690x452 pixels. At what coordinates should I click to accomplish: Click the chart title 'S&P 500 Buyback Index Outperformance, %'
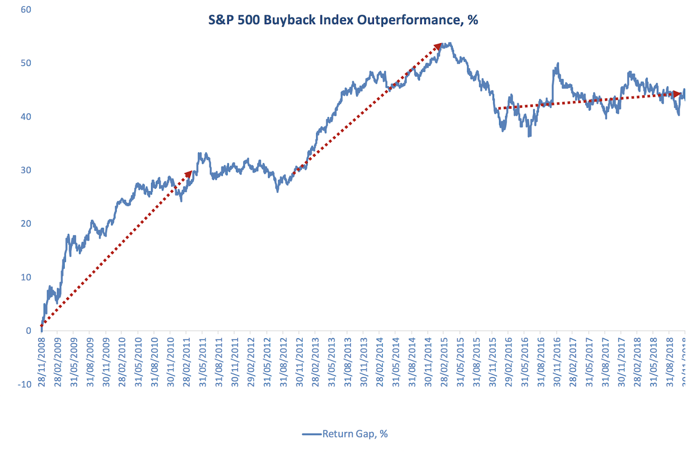click(x=343, y=20)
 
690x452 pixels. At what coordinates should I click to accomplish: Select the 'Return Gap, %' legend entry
click(x=354, y=434)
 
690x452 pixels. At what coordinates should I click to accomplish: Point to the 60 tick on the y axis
click(x=26, y=9)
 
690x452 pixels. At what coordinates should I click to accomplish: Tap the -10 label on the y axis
click(x=25, y=384)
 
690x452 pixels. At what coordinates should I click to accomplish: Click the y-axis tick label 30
click(x=26, y=170)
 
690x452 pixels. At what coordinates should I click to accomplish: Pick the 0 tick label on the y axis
click(x=28, y=331)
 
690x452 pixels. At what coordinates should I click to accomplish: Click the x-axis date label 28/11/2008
click(x=42, y=362)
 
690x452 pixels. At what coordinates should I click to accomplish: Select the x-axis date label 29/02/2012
click(x=251, y=362)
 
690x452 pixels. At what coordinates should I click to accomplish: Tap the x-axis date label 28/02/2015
click(x=444, y=362)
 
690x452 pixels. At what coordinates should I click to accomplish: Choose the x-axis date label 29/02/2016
click(x=508, y=362)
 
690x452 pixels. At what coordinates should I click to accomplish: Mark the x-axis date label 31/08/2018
click(x=669, y=362)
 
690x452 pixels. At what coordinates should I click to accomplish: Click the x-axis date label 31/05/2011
click(x=203, y=362)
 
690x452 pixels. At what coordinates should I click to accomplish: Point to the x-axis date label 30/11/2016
click(x=557, y=362)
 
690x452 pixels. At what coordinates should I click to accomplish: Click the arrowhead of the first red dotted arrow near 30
click(x=188, y=174)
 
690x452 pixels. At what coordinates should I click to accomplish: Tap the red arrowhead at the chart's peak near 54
click(x=439, y=46)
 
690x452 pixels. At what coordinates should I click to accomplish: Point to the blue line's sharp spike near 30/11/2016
click(x=558, y=64)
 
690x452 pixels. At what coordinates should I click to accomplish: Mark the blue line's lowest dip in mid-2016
click(x=529, y=136)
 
